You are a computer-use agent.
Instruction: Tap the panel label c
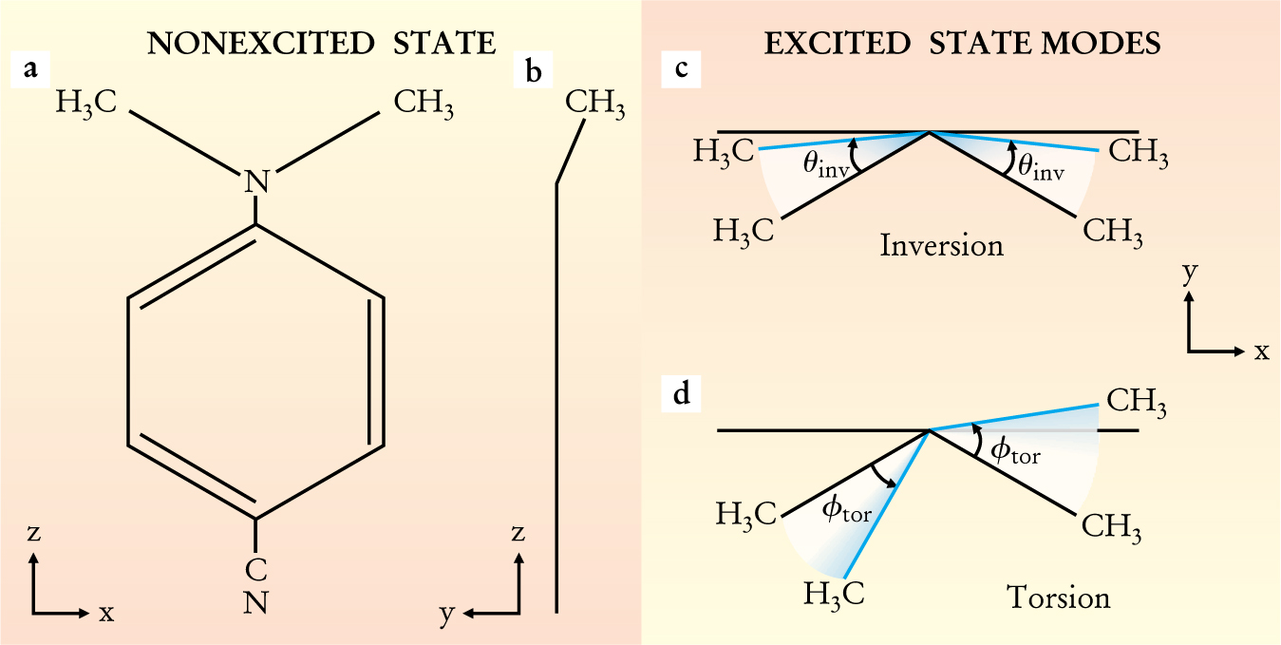pos(682,69)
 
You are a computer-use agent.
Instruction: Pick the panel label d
pos(682,393)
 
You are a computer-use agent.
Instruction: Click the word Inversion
pos(941,245)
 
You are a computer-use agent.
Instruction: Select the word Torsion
pos(1058,598)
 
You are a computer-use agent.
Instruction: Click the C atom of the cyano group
pos(255,569)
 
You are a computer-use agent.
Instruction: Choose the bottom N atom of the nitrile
pos(255,601)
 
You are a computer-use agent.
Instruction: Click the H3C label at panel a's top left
pos(87,103)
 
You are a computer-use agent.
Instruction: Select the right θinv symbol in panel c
pos(1039,167)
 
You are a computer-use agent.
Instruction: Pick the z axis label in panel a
pos(33,534)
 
